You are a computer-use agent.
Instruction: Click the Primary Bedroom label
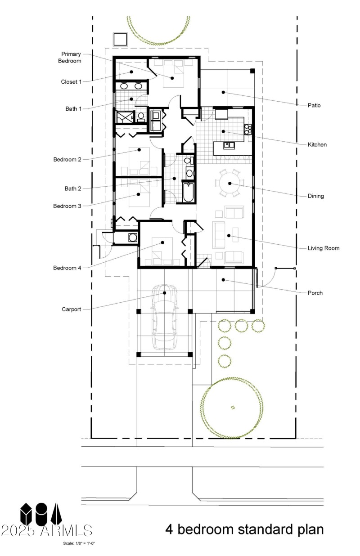point(71,57)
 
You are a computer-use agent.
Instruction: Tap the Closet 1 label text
point(71,82)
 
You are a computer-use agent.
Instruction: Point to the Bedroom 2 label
point(67,159)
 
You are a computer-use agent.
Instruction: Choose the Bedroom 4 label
point(67,268)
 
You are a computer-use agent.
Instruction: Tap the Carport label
point(71,309)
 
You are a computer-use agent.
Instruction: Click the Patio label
point(314,105)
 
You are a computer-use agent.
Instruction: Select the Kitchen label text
point(317,145)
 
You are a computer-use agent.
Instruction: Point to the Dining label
point(316,196)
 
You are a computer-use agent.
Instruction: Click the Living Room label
point(323,248)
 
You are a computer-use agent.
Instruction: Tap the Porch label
point(315,293)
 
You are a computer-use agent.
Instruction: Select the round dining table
point(229,183)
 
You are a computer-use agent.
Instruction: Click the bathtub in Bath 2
point(189,192)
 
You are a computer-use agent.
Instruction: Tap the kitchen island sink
point(229,145)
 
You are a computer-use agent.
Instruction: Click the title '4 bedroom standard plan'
point(244,529)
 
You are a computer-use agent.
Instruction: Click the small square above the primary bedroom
point(120,39)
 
